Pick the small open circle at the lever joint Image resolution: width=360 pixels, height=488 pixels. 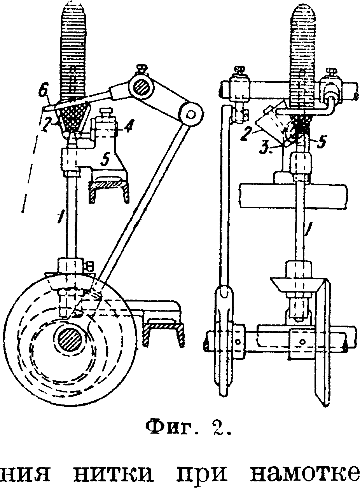click(190, 113)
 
